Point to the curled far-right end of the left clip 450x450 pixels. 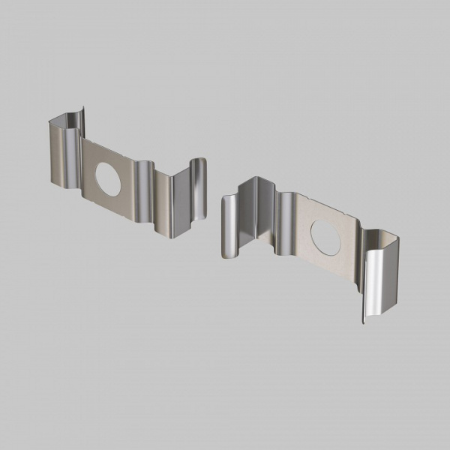click(x=199, y=187)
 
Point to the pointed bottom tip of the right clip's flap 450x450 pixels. click(x=364, y=321)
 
